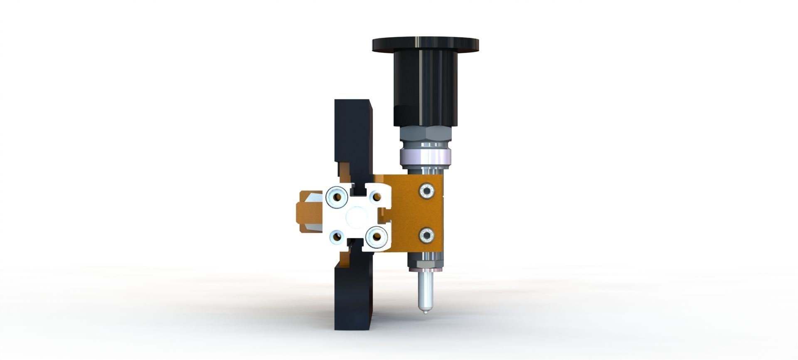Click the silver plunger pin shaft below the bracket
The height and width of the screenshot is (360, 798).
[426, 291]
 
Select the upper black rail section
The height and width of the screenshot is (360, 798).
[352, 133]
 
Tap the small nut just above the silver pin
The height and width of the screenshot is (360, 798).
[425, 263]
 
